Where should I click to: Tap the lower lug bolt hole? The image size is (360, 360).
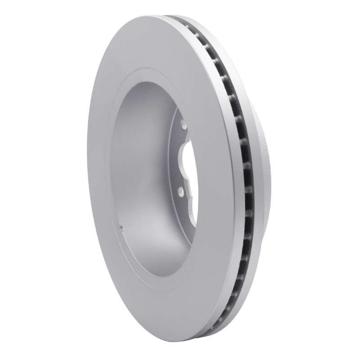[x=180, y=193]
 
